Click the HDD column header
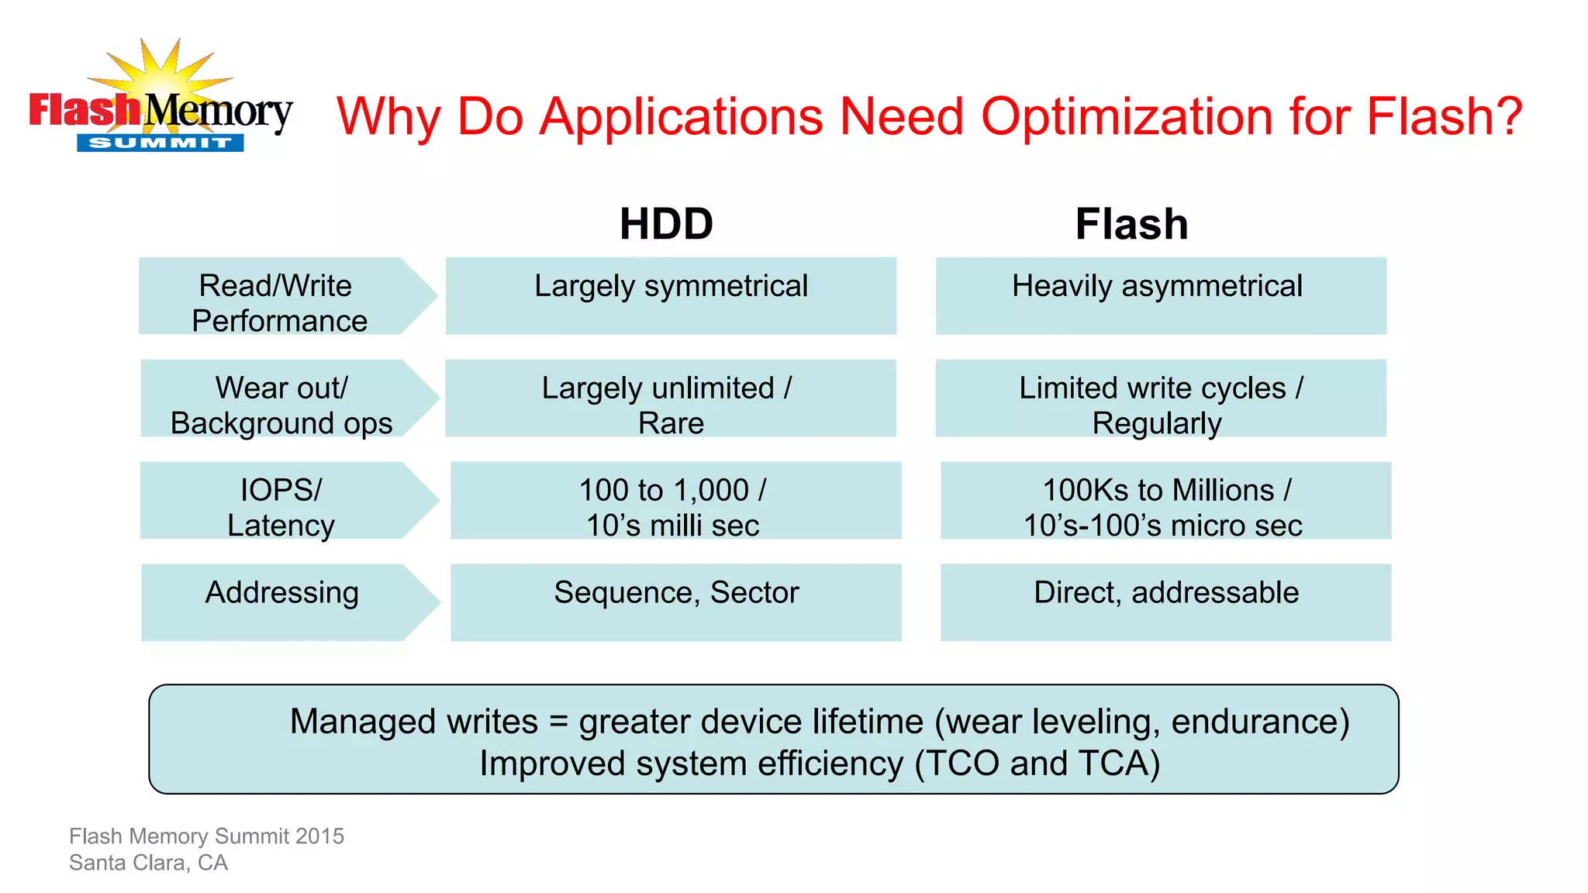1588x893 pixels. (x=666, y=224)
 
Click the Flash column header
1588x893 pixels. (x=1131, y=224)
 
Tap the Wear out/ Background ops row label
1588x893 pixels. (x=281, y=405)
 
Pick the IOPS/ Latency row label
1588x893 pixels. (x=281, y=507)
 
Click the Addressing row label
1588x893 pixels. (x=282, y=592)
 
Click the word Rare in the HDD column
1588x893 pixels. (x=671, y=423)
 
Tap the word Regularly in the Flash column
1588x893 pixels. (x=1157, y=423)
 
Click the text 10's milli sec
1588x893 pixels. (x=672, y=526)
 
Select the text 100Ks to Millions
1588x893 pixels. (x=1158, y=490)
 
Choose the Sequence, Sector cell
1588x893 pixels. (x=676, y=592)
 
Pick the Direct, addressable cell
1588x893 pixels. (x=1166, y=592)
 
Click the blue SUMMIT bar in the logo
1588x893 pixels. (x=160, y=143)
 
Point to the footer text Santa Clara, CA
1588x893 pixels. (x=148, y=863)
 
